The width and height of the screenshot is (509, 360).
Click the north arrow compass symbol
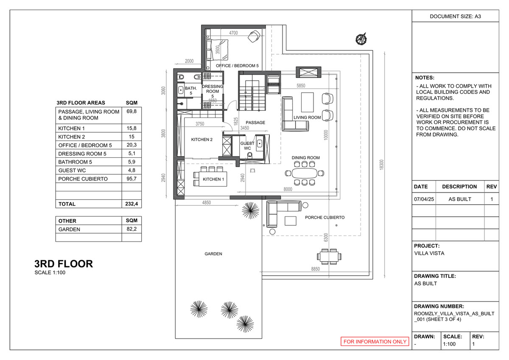tap(361, 39)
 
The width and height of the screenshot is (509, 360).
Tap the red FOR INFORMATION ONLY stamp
tap(375, 342)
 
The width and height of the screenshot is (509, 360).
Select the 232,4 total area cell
tap(131, 204)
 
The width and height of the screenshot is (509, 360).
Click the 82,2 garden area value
tap(131, 229)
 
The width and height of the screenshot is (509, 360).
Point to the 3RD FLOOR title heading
tap(64, 264)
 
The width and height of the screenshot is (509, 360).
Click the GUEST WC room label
tap(247, 146)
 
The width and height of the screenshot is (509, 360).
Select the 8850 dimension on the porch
tap(315, 269)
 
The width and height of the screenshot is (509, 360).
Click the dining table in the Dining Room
tap(304, 173)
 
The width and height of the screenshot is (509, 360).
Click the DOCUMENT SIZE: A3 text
tap(455, 17)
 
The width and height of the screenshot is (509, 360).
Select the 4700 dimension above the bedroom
tap(233, 33)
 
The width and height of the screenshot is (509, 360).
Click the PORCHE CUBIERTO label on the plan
tap(325, 218)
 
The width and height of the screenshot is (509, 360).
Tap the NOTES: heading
tap(425, 78)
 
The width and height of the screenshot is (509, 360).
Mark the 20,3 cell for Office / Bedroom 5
tap(131, 153)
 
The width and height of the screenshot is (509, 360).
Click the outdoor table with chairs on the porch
tap(329, 256)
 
